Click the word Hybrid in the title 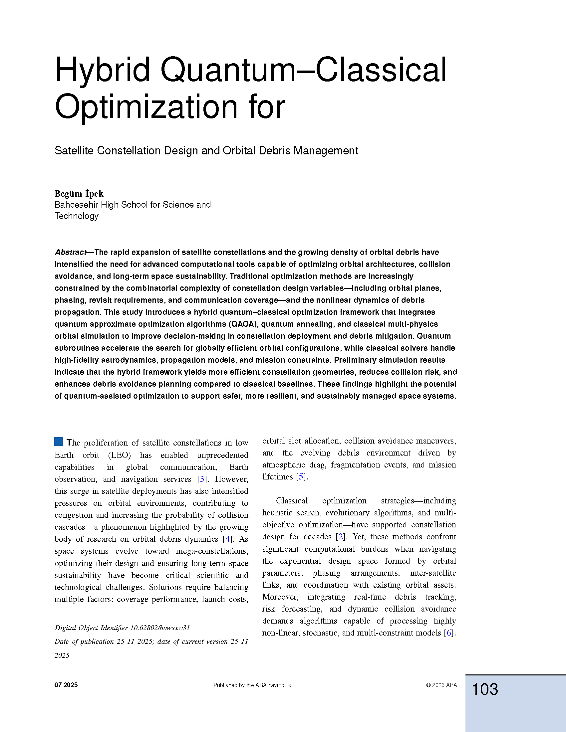point(102,71)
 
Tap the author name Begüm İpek point(79,194)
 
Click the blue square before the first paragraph point(59,442)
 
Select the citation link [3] point(202,479)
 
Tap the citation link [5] point(301,476)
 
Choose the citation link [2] point(341,537)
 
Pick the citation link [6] point(449,633)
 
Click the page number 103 point(485,689)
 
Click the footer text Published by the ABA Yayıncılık point(252,685)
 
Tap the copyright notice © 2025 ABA point(441,685)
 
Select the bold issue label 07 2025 point(66,685)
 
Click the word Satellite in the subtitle point(74,151)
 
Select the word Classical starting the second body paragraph point(292,501)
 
